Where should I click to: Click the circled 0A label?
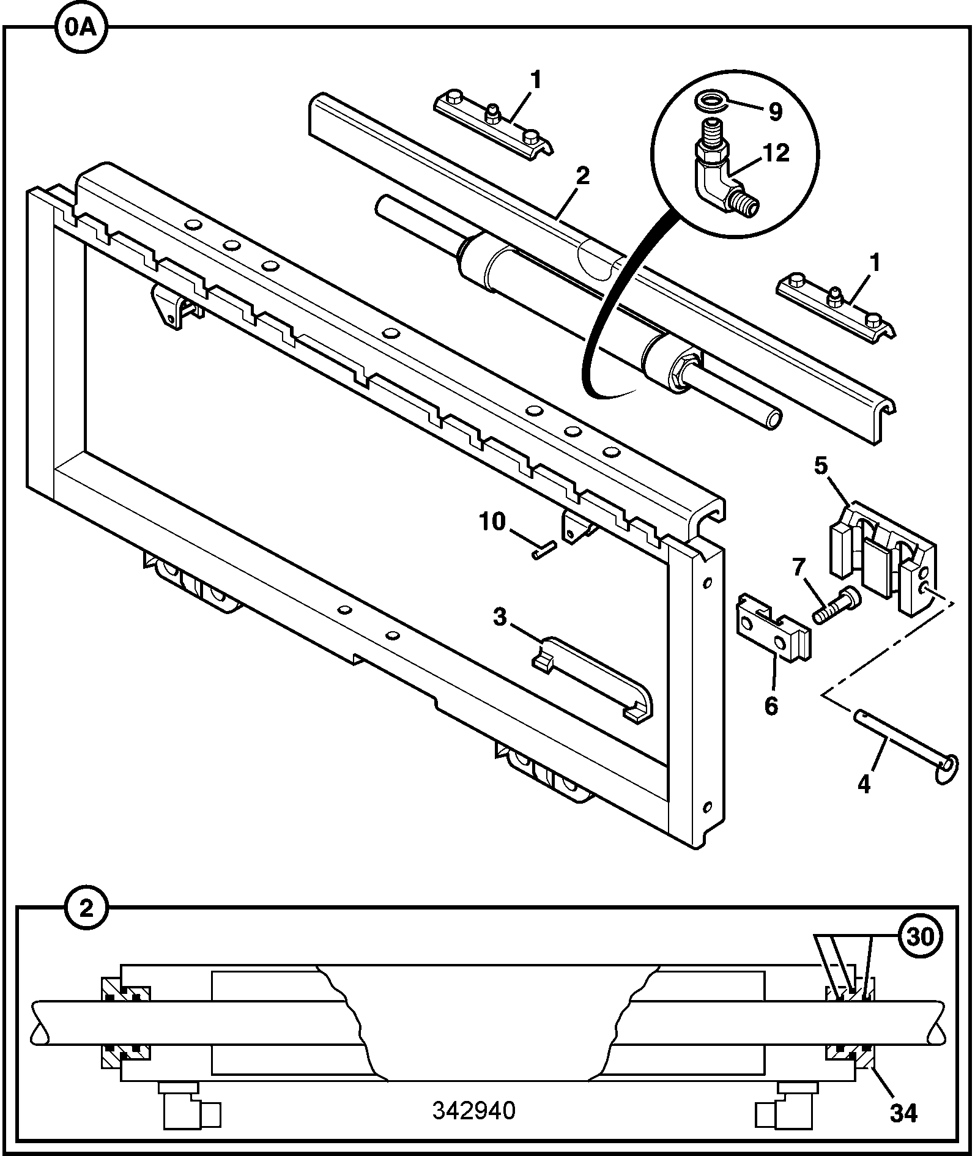click(x=81, y=28)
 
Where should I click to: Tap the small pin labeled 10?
click(x=543, y=549)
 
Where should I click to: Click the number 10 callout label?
click(x=492, y=521)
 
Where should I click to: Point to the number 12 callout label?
click(x=776, y=153)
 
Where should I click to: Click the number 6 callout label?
click(x=771, y=705)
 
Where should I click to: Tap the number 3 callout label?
click(x=500, y=618)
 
